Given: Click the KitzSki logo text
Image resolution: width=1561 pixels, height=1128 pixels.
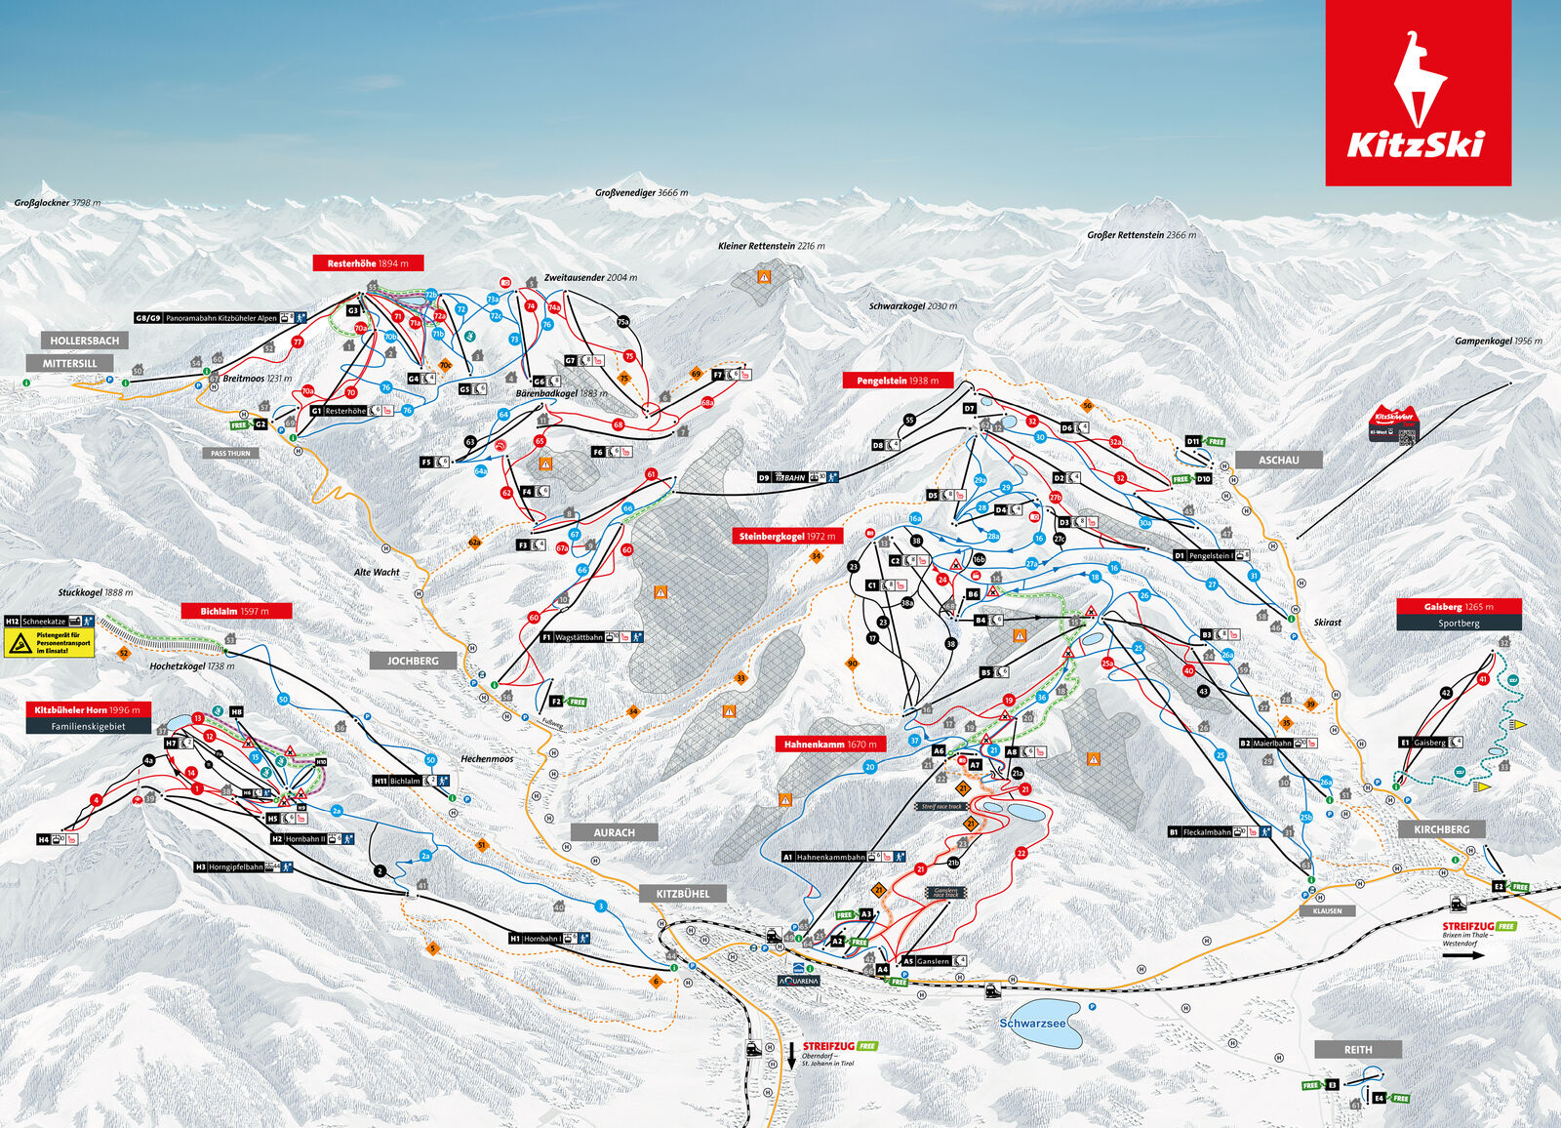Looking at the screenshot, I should point(1416,144).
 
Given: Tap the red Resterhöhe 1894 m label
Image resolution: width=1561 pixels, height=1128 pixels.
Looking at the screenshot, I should point(368,263).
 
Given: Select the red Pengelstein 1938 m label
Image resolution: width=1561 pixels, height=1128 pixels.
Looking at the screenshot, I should point(898,381).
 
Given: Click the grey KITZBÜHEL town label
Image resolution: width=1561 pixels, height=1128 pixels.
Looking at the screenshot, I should point(683,894).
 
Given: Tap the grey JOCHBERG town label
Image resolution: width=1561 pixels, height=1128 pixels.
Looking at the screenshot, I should point(413,661).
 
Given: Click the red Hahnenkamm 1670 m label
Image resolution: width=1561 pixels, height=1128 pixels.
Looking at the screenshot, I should point(830,744).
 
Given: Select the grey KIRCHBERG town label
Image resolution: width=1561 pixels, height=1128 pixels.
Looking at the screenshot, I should point(1441,829).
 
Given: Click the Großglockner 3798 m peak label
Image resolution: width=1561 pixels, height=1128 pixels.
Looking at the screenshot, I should point(57,203).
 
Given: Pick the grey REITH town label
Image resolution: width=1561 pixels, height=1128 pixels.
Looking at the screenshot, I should point(1358,1050).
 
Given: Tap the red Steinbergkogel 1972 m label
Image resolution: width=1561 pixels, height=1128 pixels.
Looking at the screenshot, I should point(786,536).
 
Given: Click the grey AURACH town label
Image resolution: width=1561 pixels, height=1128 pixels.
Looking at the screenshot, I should point(614,832).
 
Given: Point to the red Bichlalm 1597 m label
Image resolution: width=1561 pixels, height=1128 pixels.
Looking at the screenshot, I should point(236,611).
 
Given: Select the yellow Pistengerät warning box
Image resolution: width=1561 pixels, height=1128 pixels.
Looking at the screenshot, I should point(50,642).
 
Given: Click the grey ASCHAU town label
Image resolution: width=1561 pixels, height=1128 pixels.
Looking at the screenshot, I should point(1278,460).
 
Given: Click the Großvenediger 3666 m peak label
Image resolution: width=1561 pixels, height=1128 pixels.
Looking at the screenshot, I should point(641,193).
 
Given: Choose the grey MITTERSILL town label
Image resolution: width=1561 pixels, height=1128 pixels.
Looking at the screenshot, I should point(69,363).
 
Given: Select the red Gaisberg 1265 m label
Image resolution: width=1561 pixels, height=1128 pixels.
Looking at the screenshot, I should point(1458,606).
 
